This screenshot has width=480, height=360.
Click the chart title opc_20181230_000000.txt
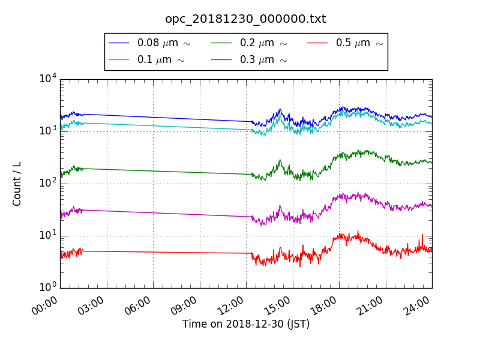pyautogui.click(x=245, y=19)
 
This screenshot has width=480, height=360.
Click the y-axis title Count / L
pyautogui.click(x=17, y=184)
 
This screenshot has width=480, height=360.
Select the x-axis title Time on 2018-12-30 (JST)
pyautogui.click(x=246, y=325)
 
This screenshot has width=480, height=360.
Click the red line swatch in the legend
pyautogui.click(x=317, y=43)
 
